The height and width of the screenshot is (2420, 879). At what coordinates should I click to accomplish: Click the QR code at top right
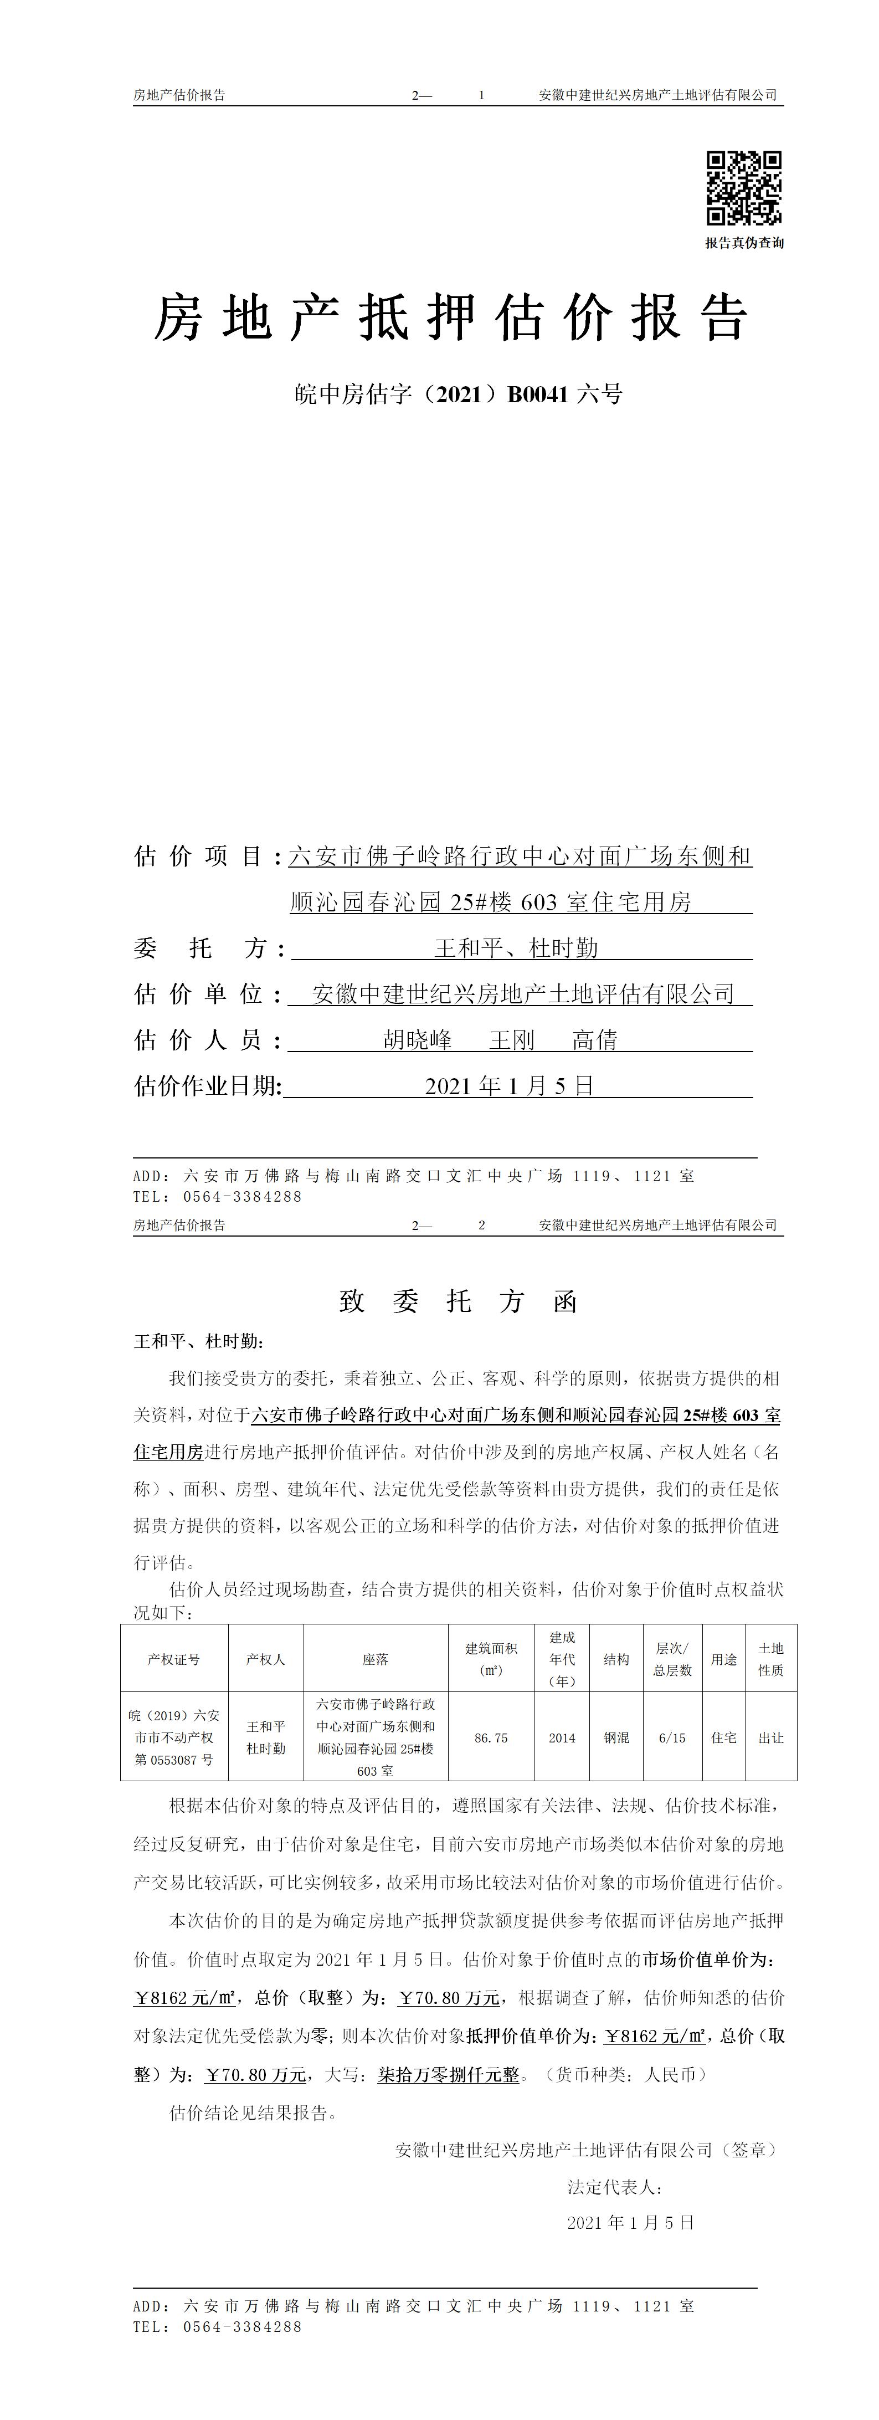(x=744, y=188)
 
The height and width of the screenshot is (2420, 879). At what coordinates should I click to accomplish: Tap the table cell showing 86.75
(x=491, y=1738)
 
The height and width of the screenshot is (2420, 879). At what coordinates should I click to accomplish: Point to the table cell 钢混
(x=616, y=1738)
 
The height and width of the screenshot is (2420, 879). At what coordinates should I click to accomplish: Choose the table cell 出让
(x=771, y=1738)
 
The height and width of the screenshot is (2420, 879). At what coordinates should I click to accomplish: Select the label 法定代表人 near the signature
(x=615, y=2187)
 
